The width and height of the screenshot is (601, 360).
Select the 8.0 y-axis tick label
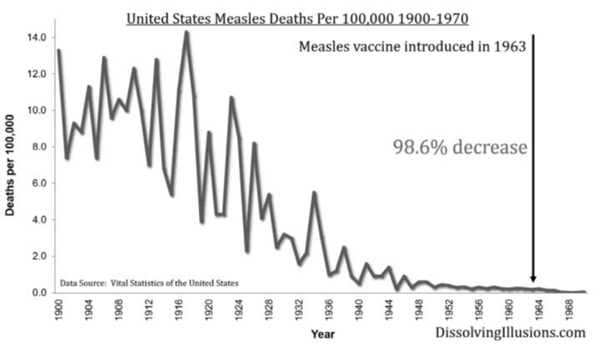[x=36, y=146]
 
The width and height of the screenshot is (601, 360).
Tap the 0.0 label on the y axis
[x=36, y=292]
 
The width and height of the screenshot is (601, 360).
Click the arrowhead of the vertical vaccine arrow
[x=533, y=280]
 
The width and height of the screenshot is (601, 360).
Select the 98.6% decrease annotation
[x=460, y=147]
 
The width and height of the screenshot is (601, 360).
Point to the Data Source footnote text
[x=149, y=282]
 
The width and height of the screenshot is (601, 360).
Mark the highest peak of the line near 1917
[x=186, y=33]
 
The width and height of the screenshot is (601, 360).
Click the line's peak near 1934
[x=314, y=193]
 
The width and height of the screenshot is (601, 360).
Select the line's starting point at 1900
[x=58, y=51]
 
